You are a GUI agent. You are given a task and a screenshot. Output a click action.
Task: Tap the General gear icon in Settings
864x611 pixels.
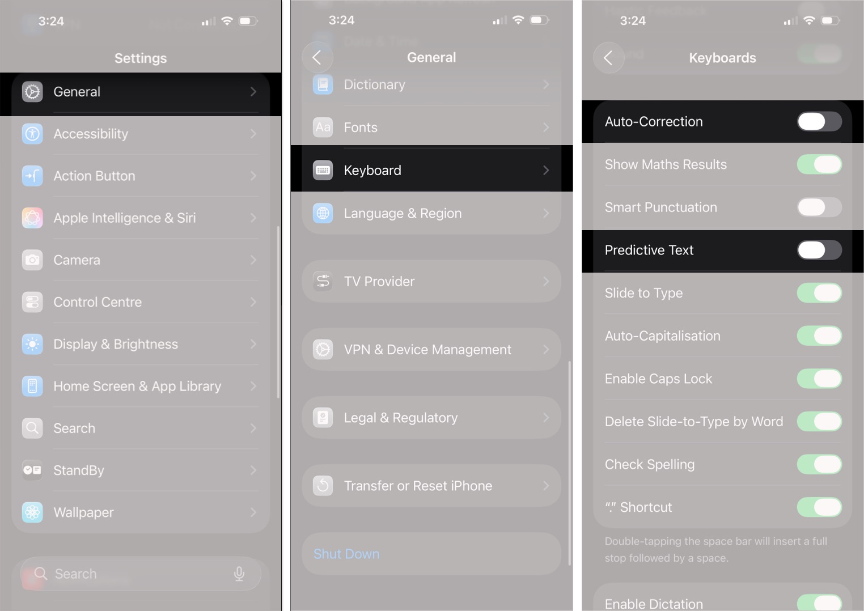[32, 92]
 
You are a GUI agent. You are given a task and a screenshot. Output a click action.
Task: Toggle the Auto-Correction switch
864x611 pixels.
[819, 121]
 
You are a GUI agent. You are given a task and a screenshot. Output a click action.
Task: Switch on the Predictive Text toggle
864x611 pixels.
[819, 250]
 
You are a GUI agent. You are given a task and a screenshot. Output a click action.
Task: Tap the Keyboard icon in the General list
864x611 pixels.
[323, 170]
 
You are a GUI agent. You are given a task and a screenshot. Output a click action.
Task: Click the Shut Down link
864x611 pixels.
[346, 554]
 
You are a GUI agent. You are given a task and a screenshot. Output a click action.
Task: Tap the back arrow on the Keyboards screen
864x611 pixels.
[608, 58]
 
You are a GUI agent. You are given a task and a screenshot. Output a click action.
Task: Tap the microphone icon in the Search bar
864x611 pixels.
[239, 574]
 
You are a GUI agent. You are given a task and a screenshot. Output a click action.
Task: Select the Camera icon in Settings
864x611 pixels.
[32, 260]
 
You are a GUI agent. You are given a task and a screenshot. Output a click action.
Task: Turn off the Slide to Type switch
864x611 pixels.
[819, 293]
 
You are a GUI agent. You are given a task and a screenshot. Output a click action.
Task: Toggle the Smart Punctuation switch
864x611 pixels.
[819, 207]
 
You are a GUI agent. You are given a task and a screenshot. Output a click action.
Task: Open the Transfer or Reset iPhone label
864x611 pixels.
[418, 486]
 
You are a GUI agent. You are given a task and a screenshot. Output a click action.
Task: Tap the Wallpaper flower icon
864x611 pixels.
[32, 512]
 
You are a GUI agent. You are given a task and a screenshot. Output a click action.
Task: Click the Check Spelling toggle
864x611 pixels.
[819, 464]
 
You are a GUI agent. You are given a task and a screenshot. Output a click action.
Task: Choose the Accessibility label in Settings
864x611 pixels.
[91, 134]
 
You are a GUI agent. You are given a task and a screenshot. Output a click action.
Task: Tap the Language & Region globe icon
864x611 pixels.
[323, 213]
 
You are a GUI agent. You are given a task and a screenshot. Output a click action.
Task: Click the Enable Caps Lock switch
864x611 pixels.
[819, 379]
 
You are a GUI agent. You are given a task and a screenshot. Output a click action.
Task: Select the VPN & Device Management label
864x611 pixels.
[427, 350]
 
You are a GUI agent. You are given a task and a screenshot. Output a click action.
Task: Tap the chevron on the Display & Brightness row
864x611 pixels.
[253, 344]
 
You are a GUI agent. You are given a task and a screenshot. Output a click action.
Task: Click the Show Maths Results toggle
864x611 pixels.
[819, 164]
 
